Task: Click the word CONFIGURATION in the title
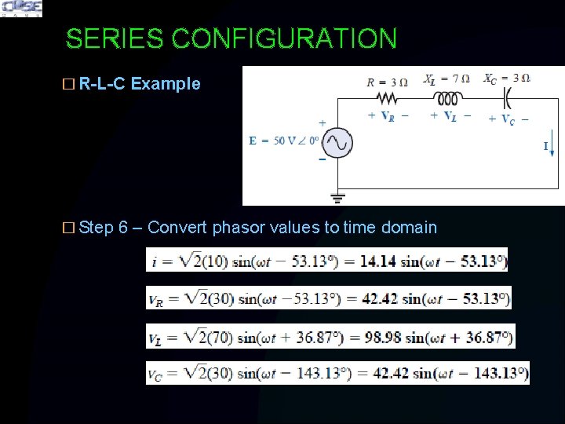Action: (284, 38)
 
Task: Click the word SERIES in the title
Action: (115, 38)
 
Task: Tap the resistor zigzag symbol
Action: (388, 98)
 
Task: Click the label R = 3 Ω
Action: (387, 81)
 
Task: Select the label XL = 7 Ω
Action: (447, 79)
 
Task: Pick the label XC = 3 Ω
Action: (506, 79)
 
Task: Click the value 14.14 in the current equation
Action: (377, 261)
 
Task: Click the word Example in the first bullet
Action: (166, 84)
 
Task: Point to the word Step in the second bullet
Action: (97, 228)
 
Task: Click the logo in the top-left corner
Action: (21, 9)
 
